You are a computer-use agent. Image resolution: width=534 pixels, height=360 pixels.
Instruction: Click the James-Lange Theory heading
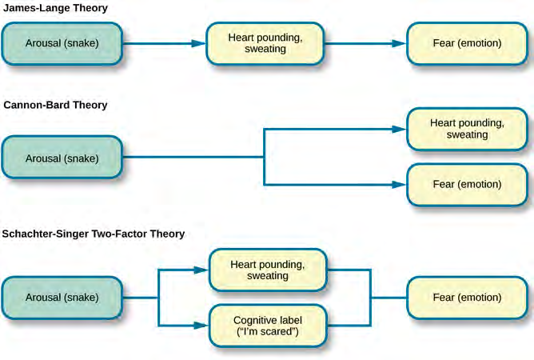pyautogui.click(x=55, y=8)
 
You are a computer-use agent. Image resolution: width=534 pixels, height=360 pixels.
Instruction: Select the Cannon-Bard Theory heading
pyautogui.click(x=55, y=105)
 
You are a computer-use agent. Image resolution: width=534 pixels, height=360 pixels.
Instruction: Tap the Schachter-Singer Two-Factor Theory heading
pyautogui.click(x=94, y=234)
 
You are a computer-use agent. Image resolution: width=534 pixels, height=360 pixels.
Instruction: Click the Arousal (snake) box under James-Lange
pyautogui.click(x=62, y=43)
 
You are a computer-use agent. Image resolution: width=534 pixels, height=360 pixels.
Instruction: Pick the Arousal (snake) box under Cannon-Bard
pyautogui.click(x=62, y=158)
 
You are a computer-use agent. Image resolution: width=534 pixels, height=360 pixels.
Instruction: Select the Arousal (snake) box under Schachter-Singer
pyautogui.click(x=62, y=297)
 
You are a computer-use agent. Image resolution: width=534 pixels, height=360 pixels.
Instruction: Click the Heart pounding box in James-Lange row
pyautogui.click(x=266, y=43)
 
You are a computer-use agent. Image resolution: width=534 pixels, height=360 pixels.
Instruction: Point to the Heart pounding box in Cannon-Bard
pyautogui.click(x=467, y=130)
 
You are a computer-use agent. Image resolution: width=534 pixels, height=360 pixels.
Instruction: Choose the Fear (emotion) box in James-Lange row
pyautogui.click(x=467, y=43)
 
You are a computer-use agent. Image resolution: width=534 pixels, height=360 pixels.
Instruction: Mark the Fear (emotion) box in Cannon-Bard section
pyautogui.click(x=467, y=185)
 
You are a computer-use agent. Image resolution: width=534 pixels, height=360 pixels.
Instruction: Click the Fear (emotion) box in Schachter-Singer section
pyautogui.click(x=467, y=297)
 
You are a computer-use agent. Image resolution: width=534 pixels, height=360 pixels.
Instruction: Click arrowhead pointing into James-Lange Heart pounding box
pyautogui.click(x=200, y=43)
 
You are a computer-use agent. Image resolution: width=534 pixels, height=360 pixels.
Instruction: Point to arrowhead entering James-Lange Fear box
pyautogui.click(x=400, y=43)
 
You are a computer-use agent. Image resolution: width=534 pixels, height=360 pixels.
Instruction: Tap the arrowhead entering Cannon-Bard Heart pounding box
pyautogui.click(x=400, y=130)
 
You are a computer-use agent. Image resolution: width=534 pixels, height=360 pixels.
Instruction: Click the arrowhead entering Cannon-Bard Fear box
pyautogui.click(x=400, y=185)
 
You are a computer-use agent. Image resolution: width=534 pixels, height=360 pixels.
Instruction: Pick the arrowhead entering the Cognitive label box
pyautogui.click(x=202, y=325)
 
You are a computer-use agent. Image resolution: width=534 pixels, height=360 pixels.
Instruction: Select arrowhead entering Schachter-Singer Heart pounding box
pyautogui.click(x=202, y=270)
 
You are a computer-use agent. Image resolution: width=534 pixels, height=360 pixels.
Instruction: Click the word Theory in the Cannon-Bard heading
pyautogui.click(x=90, y=105)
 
